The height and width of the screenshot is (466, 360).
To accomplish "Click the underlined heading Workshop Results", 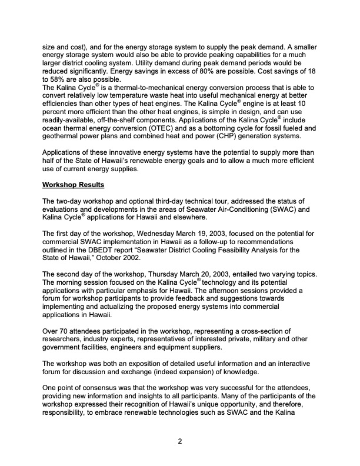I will click(73, 185).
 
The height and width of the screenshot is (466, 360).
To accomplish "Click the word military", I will click(272, 340).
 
